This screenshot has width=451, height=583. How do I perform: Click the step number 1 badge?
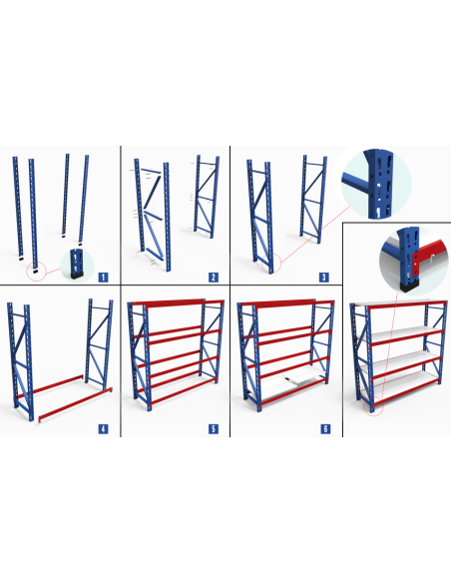click(x=104, y=277)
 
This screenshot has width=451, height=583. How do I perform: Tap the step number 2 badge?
click(x=214, y=277)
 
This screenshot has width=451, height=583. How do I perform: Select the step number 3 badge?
click(x=324, y=277)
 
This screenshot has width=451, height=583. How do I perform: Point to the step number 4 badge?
click(x=104, y=428)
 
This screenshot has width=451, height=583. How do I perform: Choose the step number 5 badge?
click(x=214, y=428)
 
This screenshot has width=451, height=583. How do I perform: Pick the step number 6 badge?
click(x=325, y=428)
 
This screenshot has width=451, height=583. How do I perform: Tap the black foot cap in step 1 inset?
click(x=77, y=275)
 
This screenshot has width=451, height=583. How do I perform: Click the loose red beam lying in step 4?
click(x=76, y=405)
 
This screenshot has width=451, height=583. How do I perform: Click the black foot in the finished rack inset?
click(x=409, y=286)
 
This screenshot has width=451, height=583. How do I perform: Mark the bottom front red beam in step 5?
click(x=183, y=391)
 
